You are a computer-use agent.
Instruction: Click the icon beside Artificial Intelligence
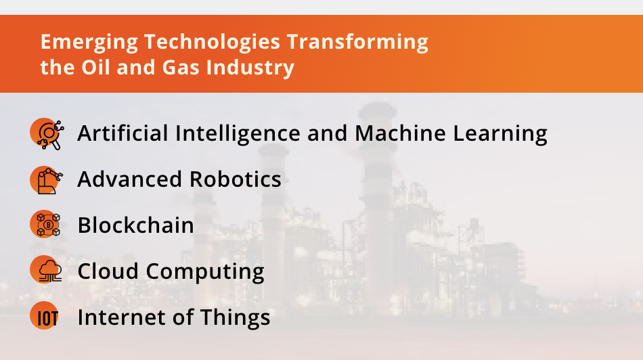(x=46, y=133)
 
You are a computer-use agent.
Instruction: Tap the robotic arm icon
(x=46, y=179)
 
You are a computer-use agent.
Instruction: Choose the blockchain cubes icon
(x=46, y=225)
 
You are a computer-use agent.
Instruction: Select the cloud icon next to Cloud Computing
(x=46, y=271)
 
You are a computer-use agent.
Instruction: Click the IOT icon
(x=46, y=317)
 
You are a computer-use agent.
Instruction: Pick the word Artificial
(x=123, y=133)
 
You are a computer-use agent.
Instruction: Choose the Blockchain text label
(x=136, y=225)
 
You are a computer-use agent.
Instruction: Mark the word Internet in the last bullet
(x=123, y=317)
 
